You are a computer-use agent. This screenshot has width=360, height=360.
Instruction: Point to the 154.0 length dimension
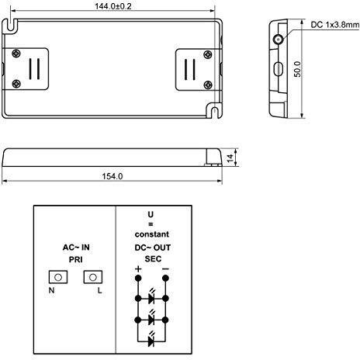point(112,176)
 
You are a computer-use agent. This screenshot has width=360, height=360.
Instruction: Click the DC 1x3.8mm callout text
point(334,25)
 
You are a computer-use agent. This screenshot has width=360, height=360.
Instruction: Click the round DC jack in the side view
point(278,38)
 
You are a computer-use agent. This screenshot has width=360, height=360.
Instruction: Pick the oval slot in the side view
point(278,67)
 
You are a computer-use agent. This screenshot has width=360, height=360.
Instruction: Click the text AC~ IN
point(76,246)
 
